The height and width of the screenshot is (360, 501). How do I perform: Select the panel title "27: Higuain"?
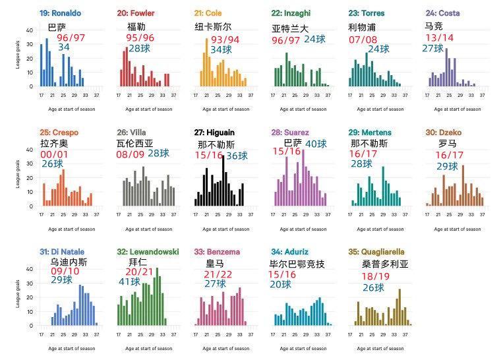pos(221,133)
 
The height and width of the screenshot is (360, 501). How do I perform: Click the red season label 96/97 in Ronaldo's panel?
pos(71,38)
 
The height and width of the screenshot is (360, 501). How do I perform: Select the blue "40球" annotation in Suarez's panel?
pos(316,144)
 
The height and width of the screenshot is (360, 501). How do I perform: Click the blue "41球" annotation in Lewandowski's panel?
pos(130,282)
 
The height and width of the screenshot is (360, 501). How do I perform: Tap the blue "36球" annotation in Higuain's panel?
pos(237,156)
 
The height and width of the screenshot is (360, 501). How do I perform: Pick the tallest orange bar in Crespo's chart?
pos(63,188)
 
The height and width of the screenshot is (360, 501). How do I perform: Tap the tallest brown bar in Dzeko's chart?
pos(463,185)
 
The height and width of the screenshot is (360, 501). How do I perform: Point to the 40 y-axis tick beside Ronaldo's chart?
pos(29,30)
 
